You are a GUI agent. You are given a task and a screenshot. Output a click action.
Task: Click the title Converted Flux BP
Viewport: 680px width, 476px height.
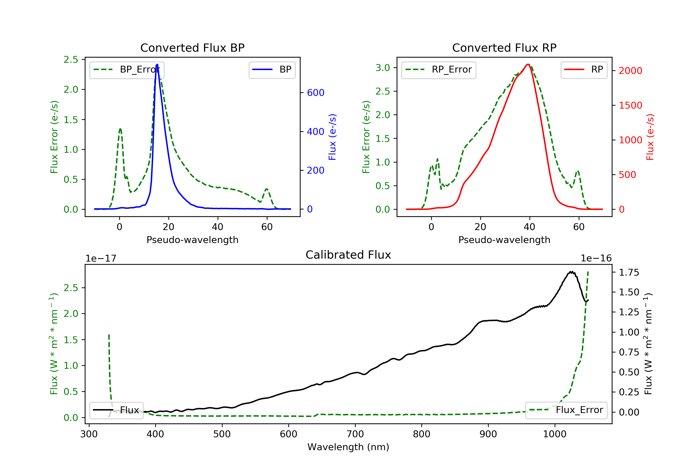(x=192, y=48)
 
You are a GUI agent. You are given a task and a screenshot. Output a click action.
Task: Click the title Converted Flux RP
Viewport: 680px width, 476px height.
(x=504, y=48)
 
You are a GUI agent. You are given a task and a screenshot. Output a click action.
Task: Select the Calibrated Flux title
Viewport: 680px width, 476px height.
(x=348, y=255)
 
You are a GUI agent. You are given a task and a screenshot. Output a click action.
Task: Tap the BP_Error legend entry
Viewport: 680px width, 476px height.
(x=127, y=70)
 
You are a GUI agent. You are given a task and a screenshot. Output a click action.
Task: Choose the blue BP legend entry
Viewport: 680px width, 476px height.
(x=272, y=70)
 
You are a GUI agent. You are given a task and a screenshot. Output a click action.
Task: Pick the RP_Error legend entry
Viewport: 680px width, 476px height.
(x=438, y=70)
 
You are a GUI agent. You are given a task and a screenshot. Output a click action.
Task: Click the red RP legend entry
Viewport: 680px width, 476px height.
(x=583, y=70)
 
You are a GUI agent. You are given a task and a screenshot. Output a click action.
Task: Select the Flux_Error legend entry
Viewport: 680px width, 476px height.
(x=566, y=410)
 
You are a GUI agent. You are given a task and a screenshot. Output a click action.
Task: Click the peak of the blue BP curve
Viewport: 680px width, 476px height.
(x=157, y=64)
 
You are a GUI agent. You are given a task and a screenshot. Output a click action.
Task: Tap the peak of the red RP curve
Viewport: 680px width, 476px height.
(x=528, y=64)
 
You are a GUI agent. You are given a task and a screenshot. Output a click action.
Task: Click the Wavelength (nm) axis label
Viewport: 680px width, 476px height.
(x=348, y=447)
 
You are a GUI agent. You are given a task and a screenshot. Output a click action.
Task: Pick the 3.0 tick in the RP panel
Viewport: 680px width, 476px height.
(x=383, y=68)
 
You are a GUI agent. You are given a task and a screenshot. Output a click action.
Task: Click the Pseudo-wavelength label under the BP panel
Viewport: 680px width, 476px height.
(x=192, y=240)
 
